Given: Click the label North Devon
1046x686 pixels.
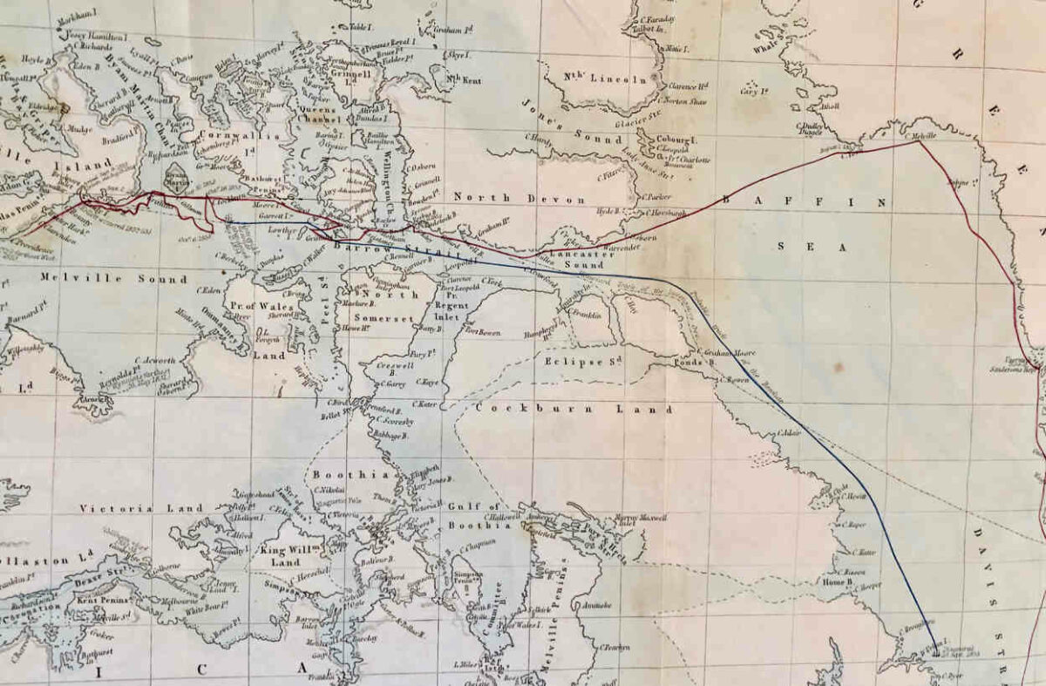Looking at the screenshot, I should (519, 199).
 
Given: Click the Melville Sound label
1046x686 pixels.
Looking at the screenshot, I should (113, 279).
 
